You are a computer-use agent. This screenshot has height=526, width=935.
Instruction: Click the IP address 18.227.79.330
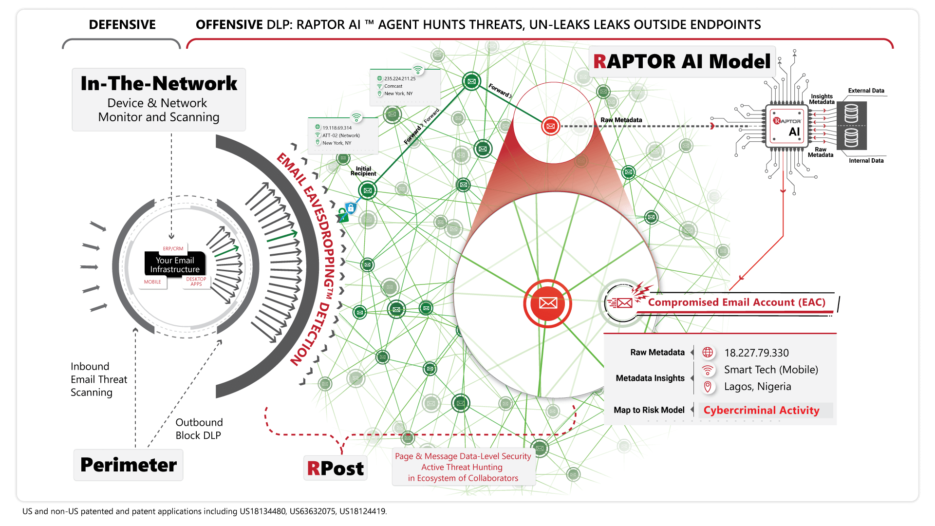[x=756, y=353]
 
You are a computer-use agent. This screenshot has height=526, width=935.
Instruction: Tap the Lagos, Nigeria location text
[x=757, y=387]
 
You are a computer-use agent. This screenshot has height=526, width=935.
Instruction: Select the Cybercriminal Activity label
[x=761, y=410]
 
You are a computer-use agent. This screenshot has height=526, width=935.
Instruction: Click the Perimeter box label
[x=129, y=465]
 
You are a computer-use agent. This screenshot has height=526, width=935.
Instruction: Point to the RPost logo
[x=336, y=468]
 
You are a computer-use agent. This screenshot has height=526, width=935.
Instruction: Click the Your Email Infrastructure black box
[x=175, y=264]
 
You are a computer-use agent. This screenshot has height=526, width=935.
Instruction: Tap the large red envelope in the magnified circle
[x=548, y=303]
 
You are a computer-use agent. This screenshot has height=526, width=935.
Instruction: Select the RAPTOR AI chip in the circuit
[x=787, y=126]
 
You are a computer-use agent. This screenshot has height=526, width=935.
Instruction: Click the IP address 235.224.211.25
[x=400, y=78]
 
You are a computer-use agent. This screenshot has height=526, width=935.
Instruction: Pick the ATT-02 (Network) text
[x=341, y=135]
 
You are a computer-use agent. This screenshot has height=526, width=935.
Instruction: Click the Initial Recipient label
[x=363, y=171]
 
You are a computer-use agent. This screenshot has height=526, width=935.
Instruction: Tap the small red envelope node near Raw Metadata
[x=551, y=126]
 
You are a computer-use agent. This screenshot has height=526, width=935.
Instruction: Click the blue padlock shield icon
[x=351, y=208]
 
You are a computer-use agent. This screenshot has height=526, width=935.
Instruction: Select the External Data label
[x=866, y=91]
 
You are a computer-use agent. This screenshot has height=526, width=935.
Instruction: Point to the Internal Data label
[x=866, y=161]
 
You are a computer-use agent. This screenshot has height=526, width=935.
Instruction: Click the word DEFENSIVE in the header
[x=122, y=25]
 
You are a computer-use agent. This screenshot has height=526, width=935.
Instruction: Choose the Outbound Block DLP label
[x=199, y=429]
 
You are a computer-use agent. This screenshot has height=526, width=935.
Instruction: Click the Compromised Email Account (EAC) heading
[x=736, y=302]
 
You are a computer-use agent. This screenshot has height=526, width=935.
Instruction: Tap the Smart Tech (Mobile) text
[x=771, y=370]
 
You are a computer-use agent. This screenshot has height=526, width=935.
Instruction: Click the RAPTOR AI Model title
[x=682, y=61]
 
